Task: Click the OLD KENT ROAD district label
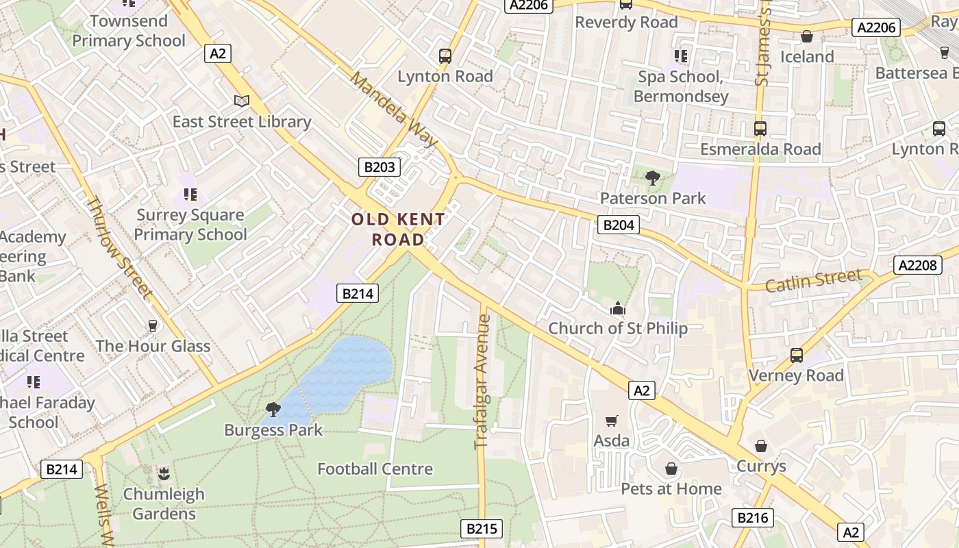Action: tap(398, 229)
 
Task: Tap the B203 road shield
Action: tap(379, 166)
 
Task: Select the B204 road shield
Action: tap(618, 225)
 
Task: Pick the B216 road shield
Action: tap(752, 517)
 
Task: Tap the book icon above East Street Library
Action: tap(241, 101)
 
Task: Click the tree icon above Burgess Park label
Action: tap(273, 410)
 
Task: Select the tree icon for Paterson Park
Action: tap(652, 178)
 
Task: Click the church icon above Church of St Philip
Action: tap(618, 308)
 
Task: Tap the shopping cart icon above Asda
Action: tap(611, 421)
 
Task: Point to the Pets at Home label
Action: tap(671, 488)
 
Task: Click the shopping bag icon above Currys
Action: tap(761, 446)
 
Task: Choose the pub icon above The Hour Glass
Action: tap(153, 326)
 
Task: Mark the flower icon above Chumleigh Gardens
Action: tap(164, 473)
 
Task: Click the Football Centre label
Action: tap(375, 469)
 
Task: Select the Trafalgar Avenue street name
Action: tap(483, 382)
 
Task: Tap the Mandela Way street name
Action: tap(394, 108)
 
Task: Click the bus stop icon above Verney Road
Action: tap(796, 356)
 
